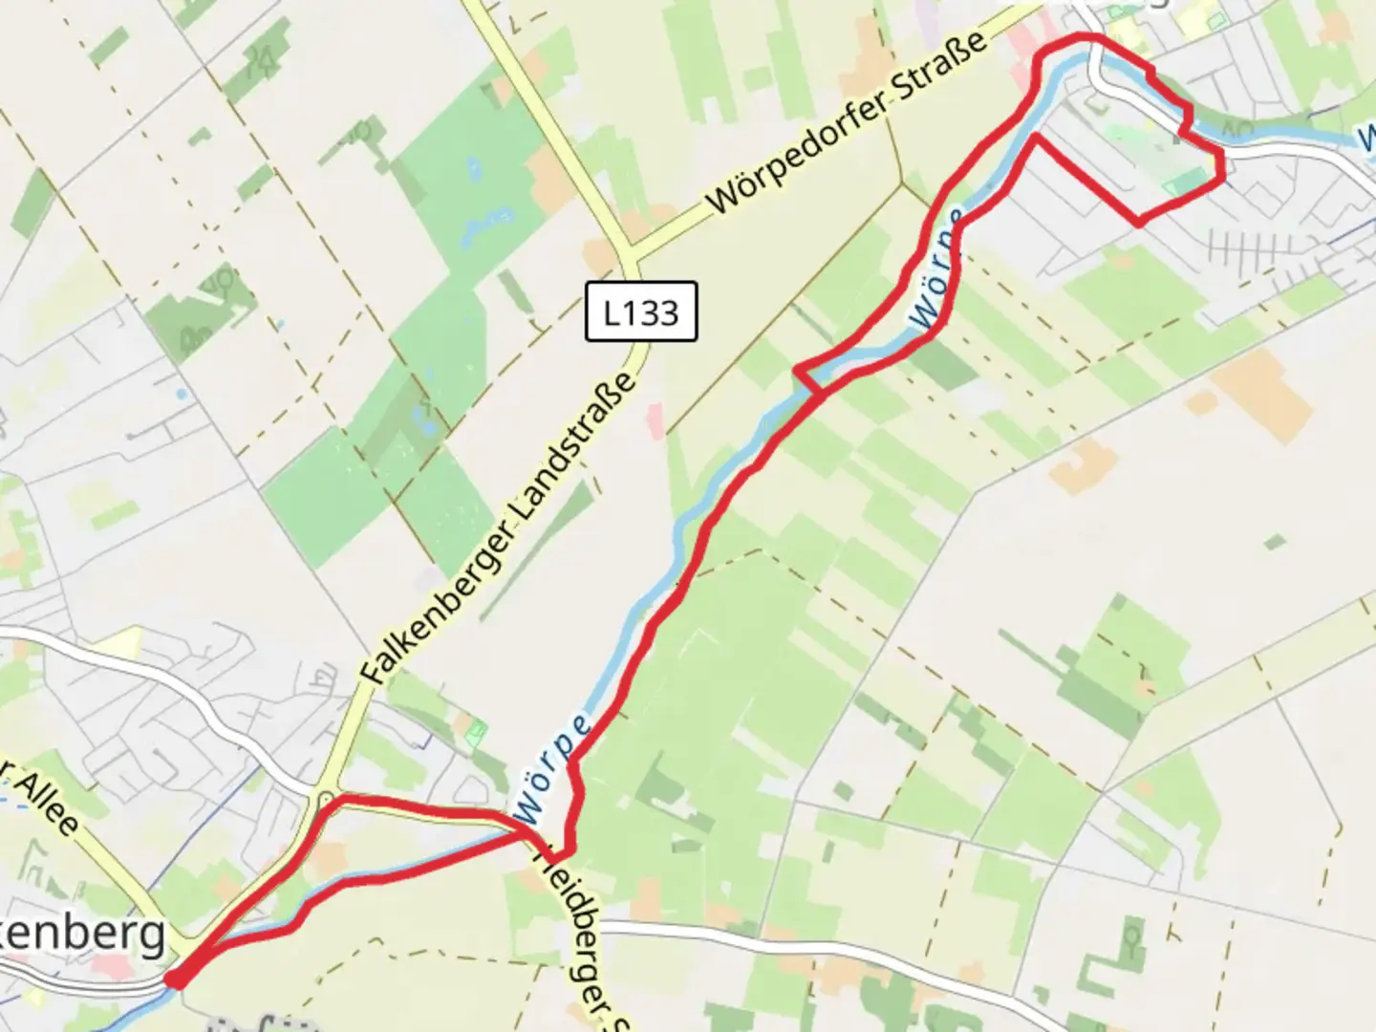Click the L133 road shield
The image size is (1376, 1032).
(x=641, y=312)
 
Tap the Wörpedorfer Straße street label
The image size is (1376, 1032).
(x=847, y=123)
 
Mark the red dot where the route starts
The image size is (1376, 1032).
(x=175, y=978)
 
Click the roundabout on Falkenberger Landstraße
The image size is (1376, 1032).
(x=326, y=798)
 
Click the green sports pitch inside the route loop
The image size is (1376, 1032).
(x=1185, y=181)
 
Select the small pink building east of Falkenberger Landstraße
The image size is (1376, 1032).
(x=655, y=420)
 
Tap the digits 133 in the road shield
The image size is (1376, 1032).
(x=655, y=312)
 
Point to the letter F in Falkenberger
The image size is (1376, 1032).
(x=372, y=673)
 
